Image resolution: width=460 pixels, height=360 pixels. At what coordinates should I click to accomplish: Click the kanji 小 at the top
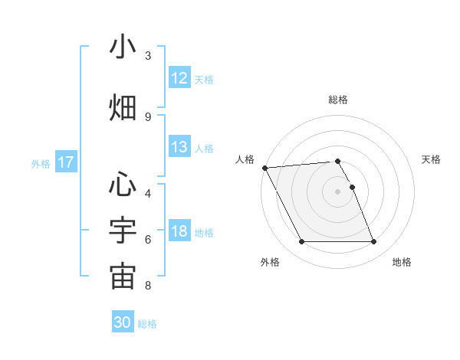[123, 47]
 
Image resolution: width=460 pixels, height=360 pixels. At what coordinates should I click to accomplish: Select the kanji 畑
[123, 106]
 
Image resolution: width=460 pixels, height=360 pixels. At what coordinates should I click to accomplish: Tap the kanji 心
[123, 184]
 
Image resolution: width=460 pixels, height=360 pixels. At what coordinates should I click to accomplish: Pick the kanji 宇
[123, 229]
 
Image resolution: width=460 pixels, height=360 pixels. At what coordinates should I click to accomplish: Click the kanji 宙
[123, 277]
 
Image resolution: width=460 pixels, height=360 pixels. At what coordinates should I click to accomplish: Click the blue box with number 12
[179, 78]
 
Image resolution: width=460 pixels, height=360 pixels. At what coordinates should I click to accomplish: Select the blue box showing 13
[179, 147]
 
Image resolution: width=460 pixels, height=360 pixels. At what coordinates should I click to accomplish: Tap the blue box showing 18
[179, 232]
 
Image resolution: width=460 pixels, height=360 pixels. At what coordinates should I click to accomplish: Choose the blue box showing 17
[65, 162]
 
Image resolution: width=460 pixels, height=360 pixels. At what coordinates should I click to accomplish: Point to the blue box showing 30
[123, 322]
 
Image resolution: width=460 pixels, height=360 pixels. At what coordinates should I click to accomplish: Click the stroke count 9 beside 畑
[148, 116]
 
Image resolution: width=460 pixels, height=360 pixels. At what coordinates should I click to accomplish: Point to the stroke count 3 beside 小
[148, 56]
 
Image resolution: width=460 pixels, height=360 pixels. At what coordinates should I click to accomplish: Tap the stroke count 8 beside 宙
[148, 286]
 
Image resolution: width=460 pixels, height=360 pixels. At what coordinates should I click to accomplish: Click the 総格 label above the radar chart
[337, 100]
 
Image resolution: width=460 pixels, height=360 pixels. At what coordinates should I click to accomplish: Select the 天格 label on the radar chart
[431, 159]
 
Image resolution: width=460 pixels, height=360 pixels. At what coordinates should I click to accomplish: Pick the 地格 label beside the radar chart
[402, 262]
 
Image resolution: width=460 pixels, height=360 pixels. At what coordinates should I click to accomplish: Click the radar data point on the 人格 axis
[264, 168]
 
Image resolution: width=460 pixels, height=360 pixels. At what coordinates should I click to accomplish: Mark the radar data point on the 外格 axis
[301, 242]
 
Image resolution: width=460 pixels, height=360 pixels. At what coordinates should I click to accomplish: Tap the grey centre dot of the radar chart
[337, 191]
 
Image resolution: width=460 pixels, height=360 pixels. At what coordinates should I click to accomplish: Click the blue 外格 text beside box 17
[41, 163]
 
